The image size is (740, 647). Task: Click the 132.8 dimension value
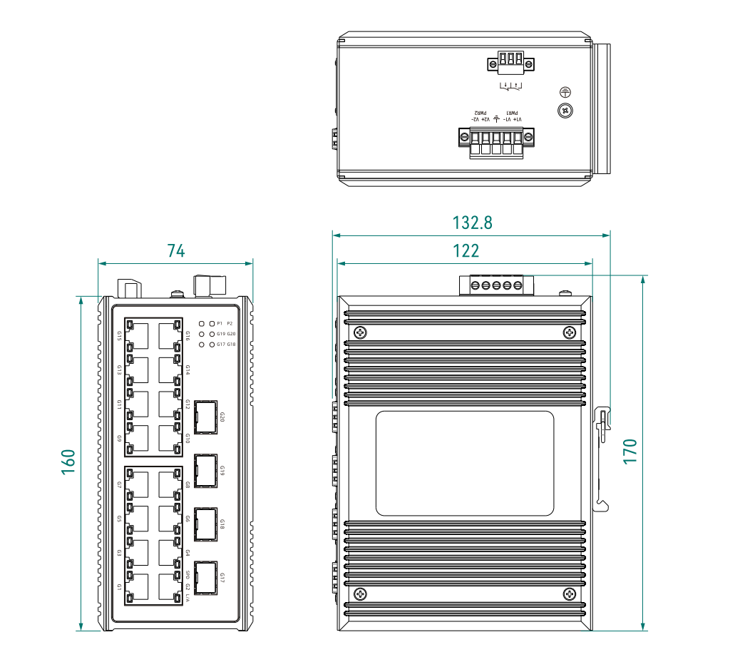[x=472, y=223]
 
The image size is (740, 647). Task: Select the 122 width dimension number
[x=466, y=251]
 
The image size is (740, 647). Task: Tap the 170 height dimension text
[x=630, y=452]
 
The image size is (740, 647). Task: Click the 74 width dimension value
[x=176, y=251]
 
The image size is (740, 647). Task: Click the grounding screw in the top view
[x=565, y=110]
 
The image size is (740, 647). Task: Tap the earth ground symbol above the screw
[x=565, y=92]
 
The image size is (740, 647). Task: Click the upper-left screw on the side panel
[x=361, y=332]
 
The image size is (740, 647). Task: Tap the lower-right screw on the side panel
[x=569, y=593]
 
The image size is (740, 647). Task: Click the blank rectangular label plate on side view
[x=465, y=464]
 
